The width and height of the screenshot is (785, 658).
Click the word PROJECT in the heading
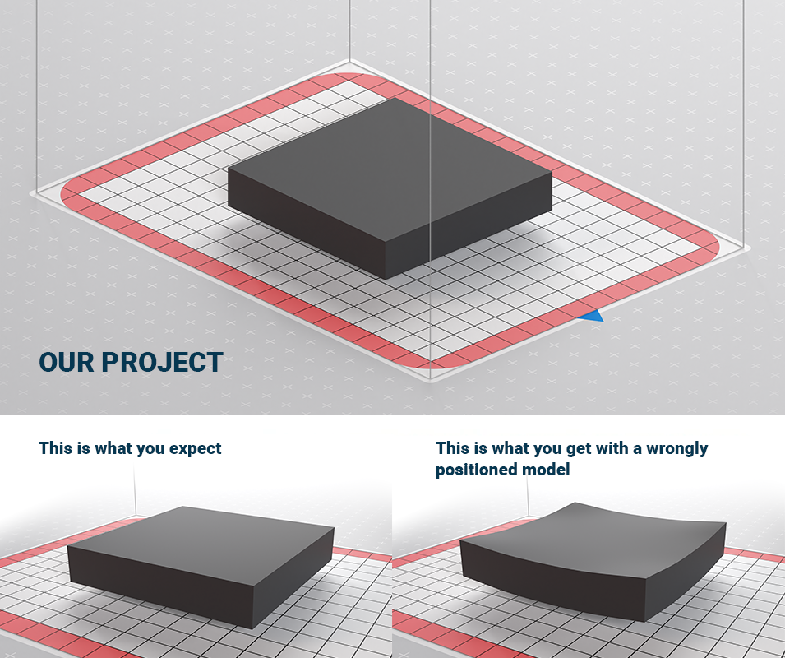(162, 362)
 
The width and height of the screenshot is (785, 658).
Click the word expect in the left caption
(196, 449)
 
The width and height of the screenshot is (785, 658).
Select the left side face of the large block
(307, 223)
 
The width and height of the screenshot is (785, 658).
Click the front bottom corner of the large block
(386, 279)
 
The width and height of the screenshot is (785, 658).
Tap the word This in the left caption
(55, 448)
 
